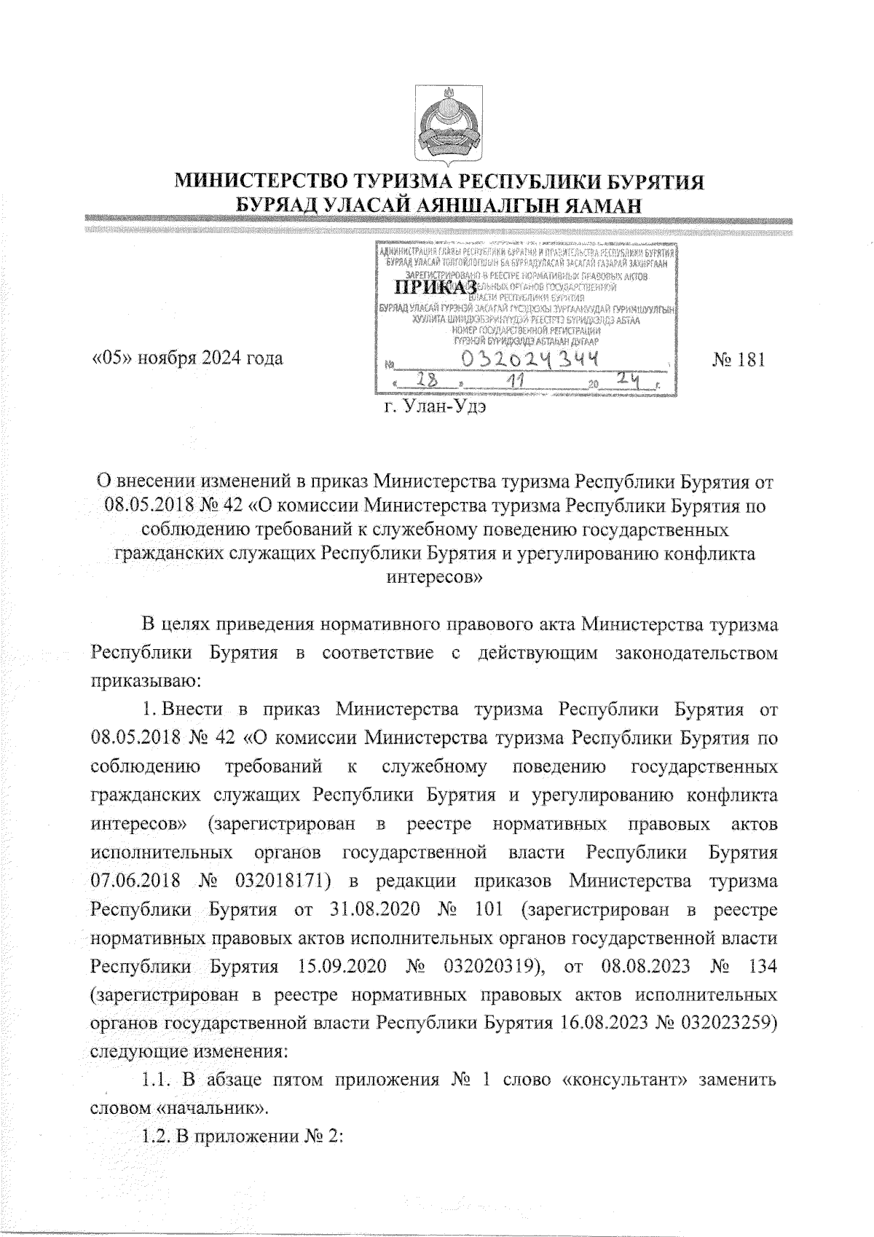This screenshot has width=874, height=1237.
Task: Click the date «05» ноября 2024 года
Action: click(186, 359)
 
